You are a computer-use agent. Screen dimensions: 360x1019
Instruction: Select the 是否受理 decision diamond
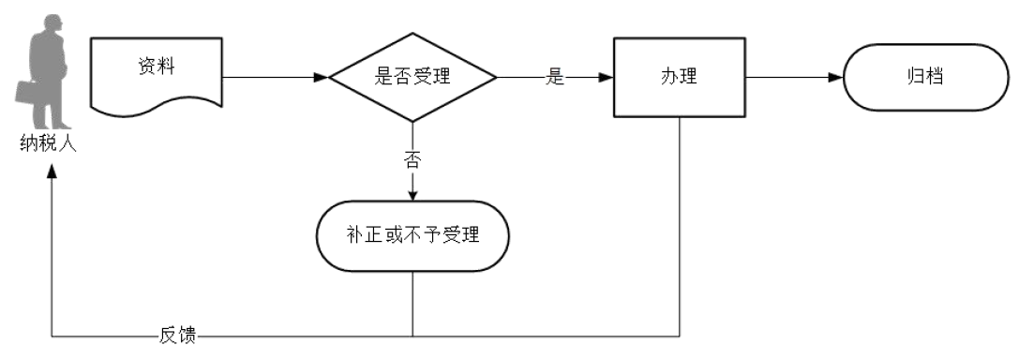coord(412,78)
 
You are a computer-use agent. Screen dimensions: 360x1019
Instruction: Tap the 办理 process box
coord(679,78)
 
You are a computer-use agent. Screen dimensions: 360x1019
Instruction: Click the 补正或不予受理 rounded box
coord(412,235)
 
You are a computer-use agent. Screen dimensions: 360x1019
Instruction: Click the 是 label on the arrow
coord(555,78)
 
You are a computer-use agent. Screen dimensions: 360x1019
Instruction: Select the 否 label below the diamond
coord(412,159)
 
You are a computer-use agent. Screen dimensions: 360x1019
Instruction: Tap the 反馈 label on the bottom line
coord(177,335)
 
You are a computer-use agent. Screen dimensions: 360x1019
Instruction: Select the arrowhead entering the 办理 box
coord(605,78)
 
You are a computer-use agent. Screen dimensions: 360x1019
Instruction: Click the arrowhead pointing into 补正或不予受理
coord(412,195)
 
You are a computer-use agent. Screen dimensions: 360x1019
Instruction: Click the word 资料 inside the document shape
coord(156,68)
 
